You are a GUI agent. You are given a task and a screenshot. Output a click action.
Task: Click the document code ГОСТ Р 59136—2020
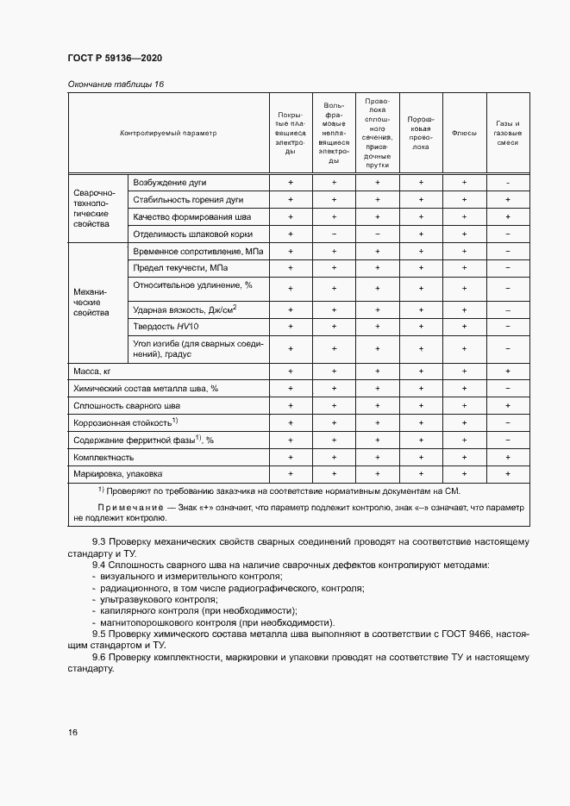114,58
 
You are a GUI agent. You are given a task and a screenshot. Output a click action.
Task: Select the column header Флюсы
464,134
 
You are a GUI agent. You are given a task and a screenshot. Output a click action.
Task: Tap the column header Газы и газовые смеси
508,134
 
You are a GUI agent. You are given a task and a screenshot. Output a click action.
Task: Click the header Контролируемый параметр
168,134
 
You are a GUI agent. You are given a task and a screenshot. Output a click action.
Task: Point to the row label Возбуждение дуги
170,183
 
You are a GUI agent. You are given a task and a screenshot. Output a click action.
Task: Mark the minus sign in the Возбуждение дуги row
508,183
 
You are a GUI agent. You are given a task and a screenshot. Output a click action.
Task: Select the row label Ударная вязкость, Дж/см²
185,309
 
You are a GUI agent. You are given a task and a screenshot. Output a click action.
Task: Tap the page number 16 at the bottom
72,732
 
